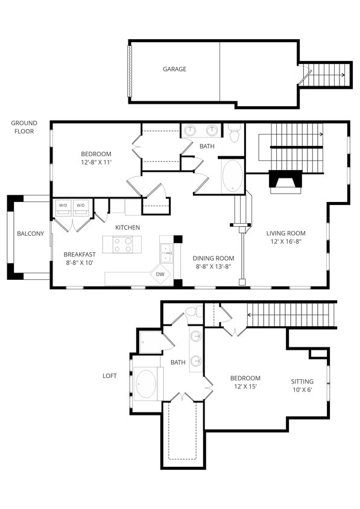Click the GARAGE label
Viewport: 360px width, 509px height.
point(174,69)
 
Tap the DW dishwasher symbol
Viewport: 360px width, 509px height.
point(160,274)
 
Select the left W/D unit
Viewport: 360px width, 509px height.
point(63,207)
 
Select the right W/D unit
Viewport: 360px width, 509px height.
point(81,207)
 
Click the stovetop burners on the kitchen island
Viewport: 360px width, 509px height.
point(123,244)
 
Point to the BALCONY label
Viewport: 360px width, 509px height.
point(30,234)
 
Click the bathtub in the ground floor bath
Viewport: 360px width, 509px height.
point(232,175)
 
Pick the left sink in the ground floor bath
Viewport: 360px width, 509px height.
point(190,130)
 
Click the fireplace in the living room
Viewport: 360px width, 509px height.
point(285,182)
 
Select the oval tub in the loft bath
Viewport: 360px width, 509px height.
point(146,384)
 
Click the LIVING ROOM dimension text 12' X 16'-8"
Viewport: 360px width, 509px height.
point(286,242)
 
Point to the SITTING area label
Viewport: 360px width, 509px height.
point(302,382)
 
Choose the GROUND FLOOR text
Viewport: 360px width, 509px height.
point(24,127)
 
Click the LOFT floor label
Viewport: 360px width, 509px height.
point(109,376)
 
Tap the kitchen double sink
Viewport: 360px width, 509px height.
point(165,252)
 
